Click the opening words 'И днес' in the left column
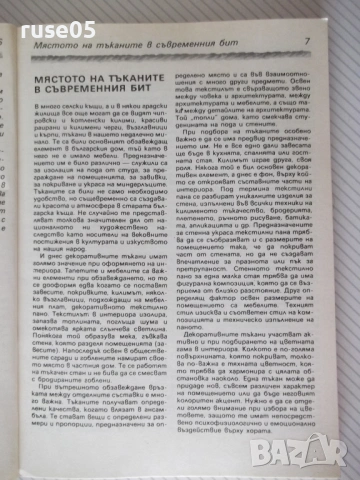(x=53, y=290)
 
